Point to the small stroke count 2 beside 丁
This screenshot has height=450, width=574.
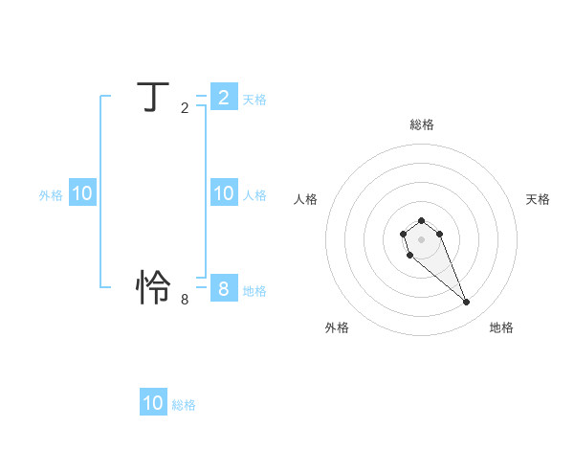pos(185,108)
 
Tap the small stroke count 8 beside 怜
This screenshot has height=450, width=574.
pos(185,299)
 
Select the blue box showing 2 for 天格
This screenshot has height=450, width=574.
pos(223,97)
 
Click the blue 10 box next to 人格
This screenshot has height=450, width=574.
pos(223,193)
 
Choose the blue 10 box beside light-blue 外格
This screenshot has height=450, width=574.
pos(82,193)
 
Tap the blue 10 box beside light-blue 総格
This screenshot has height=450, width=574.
pos(153,403)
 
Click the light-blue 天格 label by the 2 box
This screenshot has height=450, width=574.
pos(254,100)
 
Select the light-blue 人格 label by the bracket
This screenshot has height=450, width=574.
pos(254,195)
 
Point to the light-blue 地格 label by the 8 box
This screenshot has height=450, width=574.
pos(254,291)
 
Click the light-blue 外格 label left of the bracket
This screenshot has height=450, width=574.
pos(51,195)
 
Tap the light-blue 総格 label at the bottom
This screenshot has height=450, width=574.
pos(184,405)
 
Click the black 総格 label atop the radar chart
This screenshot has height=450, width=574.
pos(421,124)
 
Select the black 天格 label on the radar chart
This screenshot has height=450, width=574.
pos(538,199)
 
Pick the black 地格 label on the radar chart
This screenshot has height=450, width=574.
pos(501,327)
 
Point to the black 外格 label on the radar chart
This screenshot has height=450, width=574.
pos(337,327)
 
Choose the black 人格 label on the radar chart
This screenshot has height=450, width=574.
pos(306,199)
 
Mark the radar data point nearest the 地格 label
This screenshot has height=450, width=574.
pos(467,303)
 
